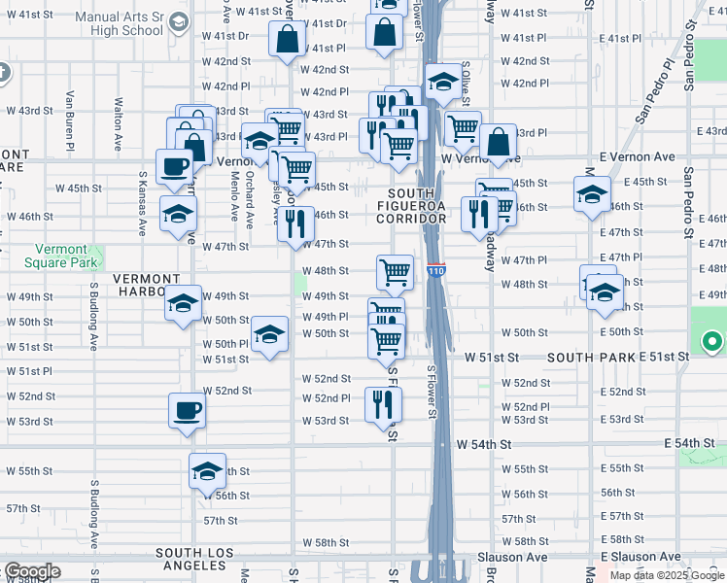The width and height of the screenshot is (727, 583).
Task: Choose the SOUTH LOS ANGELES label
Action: (195, 560)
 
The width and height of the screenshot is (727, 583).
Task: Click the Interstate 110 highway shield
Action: (435, 272)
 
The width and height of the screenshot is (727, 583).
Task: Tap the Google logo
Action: (31, 572)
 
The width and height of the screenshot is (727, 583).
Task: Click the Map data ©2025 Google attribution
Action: (666, 575)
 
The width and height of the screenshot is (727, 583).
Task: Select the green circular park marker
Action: (711, 341)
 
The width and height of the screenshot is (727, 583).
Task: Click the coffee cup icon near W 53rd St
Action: (187, 410)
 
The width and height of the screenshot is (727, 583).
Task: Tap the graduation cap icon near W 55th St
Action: (207, 471)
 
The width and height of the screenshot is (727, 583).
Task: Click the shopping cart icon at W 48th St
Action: (395, 271)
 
